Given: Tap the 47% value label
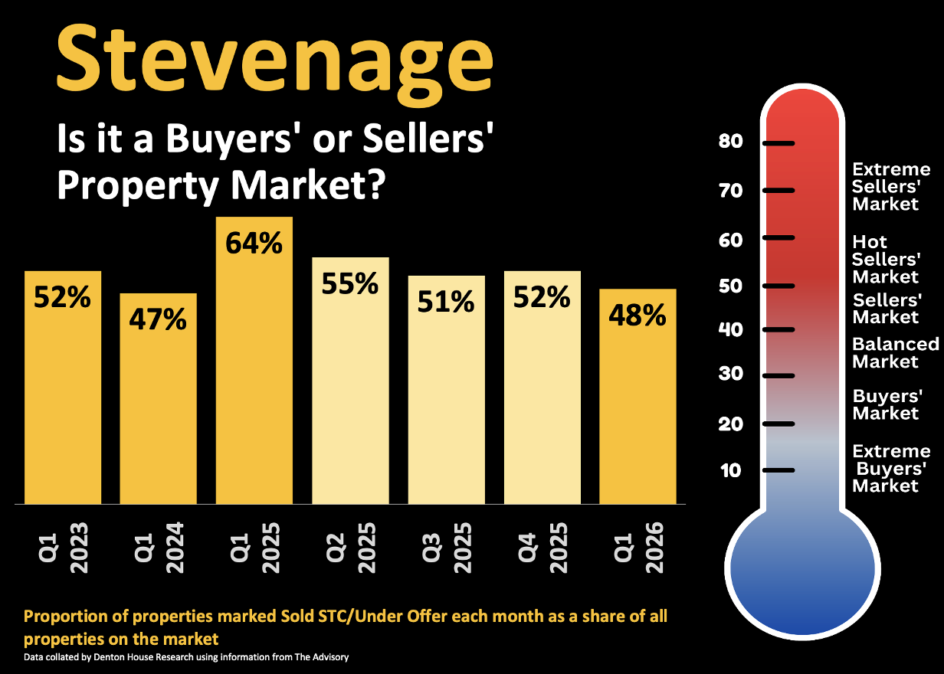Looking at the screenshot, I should [158, 319].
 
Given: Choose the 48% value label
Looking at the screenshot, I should [637, 314].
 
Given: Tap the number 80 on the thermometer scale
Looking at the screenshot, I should [731, 142].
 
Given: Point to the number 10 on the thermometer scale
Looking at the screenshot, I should [731, 470].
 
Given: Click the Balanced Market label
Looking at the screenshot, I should [895, 353].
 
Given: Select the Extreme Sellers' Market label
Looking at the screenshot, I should [891, 187].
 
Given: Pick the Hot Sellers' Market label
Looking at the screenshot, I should [886, 260].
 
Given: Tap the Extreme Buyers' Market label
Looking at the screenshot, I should [891, 468].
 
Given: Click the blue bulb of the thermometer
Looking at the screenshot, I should [801, 571].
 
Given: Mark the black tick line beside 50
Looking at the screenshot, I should [778, 286].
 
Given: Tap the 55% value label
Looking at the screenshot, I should [350, 284].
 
